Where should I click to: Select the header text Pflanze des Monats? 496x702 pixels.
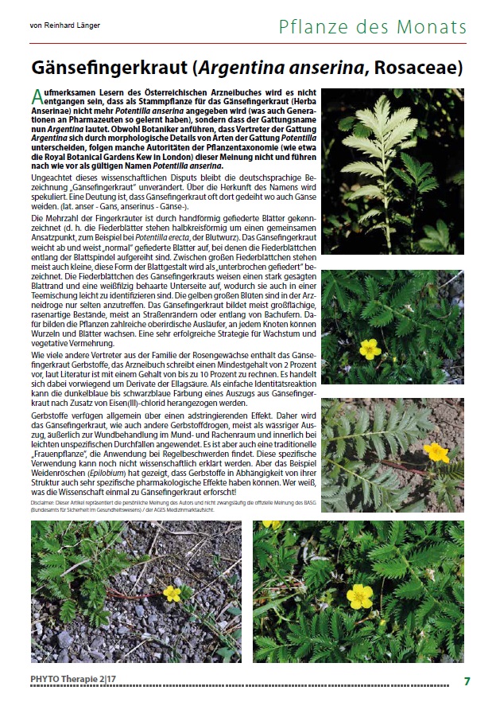point(372,27)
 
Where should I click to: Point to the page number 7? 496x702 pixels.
point(467,681)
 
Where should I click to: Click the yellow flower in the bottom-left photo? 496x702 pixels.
point(172,593)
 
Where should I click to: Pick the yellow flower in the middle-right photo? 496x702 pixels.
point(369,348)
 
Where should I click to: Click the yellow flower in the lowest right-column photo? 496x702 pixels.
point(436,452)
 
